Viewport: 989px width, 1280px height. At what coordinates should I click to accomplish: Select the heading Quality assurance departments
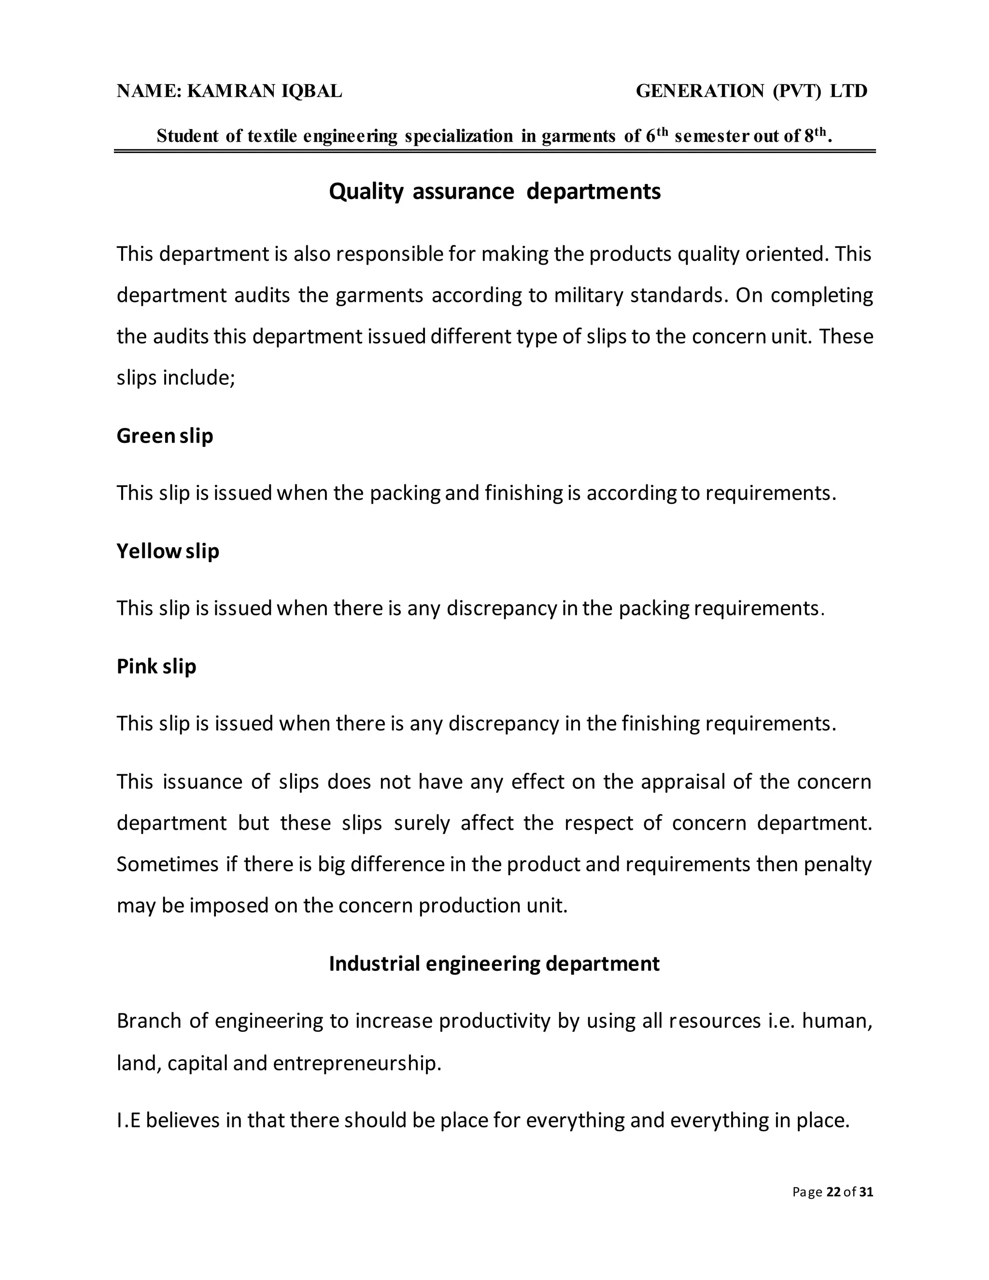(494, 192)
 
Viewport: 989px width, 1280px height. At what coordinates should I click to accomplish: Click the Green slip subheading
(165, 436)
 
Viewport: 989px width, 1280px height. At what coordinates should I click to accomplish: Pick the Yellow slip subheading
(168, 551)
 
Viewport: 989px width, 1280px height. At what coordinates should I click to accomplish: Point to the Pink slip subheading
(156, 667)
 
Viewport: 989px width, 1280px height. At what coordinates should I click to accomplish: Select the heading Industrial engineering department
(494, 964)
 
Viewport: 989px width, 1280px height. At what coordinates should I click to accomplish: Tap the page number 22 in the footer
(833, 1192)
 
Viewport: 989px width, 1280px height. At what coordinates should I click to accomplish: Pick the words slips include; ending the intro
(175, 377)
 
